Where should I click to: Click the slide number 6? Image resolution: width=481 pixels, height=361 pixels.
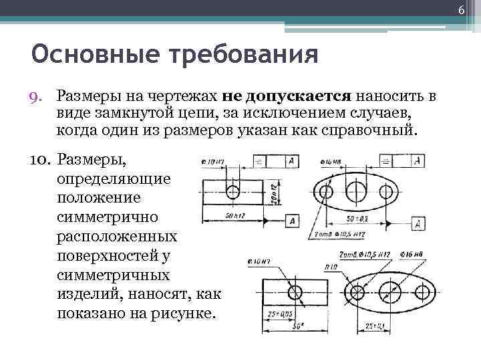point(461,9)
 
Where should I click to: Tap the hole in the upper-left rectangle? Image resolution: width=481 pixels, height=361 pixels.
point(232,191)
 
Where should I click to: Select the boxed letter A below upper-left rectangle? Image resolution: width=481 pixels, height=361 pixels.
point(291,221)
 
